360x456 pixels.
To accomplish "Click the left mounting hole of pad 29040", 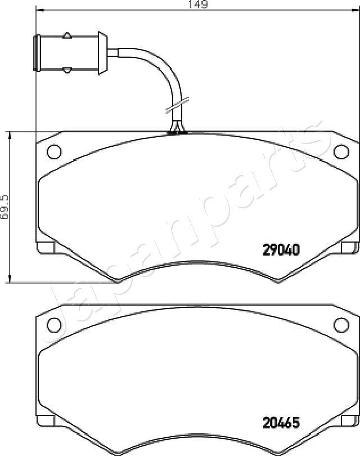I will click(x=54, y=151).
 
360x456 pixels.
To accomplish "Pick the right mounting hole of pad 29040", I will click(x=341, y=151).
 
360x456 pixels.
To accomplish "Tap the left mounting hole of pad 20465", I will click(x=54, y=324).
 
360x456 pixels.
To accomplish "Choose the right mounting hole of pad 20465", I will click(x=341, y=324).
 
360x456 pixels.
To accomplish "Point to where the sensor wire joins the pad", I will click(x=177, y=132).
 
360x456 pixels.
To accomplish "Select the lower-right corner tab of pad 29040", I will click(x=350, y=248).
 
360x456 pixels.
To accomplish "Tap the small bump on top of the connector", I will click(x=67, y=36).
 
